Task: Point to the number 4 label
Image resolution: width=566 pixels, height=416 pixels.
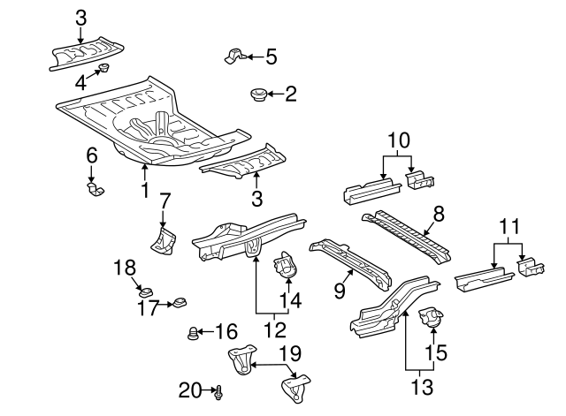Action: tap(80, 84)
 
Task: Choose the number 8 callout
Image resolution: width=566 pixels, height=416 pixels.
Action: tap(440, 213)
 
